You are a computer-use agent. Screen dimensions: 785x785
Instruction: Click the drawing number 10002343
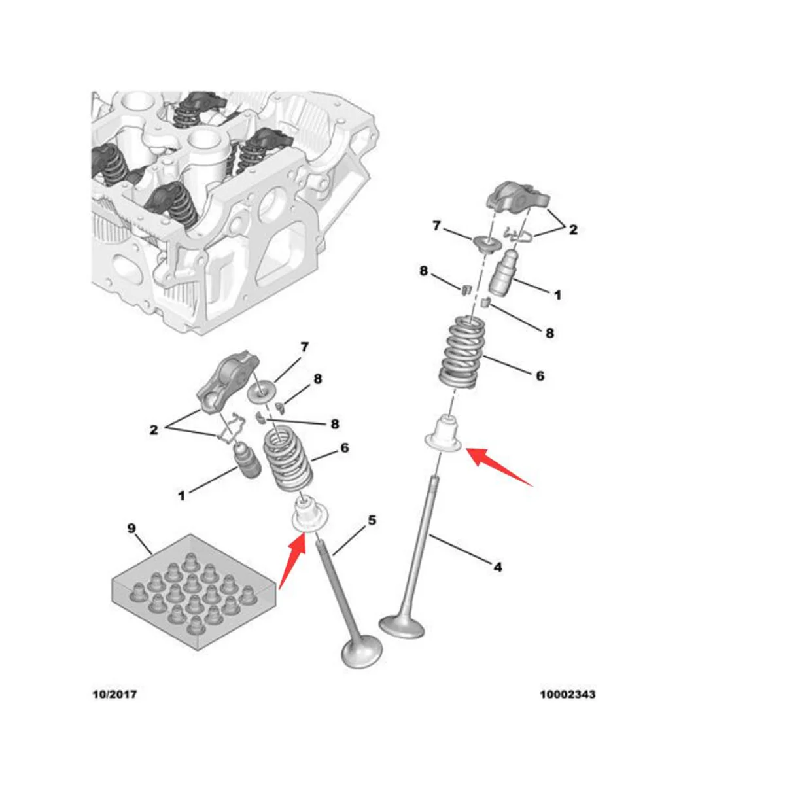point(567,694)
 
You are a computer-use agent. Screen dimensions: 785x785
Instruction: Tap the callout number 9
point(131,528)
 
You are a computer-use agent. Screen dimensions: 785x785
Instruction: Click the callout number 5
point(372,521)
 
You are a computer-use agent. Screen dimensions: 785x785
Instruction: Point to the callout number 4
point(498,567)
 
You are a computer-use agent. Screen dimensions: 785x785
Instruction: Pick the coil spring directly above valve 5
point(287,461)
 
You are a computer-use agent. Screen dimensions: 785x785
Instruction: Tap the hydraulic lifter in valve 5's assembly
point(247,463)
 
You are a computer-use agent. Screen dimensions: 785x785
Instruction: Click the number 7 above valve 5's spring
point(304,347)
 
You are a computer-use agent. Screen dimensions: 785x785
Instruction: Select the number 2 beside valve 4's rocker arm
point(572,230)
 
